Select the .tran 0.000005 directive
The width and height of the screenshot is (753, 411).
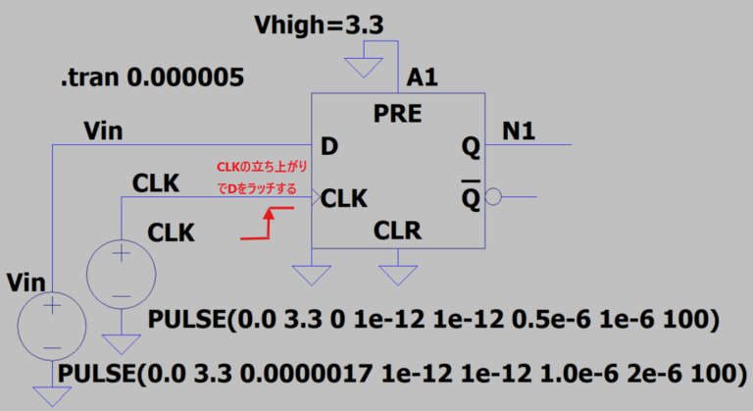(152, 77)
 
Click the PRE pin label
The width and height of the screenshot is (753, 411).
(397, 114)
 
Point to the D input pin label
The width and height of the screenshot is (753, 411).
(329, 148)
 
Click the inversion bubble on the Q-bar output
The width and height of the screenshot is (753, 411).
(493, 198)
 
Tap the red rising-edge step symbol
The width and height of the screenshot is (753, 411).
(269, 223)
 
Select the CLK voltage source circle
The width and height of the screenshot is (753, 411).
(123, 274)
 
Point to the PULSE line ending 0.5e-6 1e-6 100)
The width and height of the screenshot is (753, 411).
(434, 321)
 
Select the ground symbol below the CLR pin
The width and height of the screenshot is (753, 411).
(398, 266)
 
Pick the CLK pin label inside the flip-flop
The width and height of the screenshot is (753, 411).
(344, 199)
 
